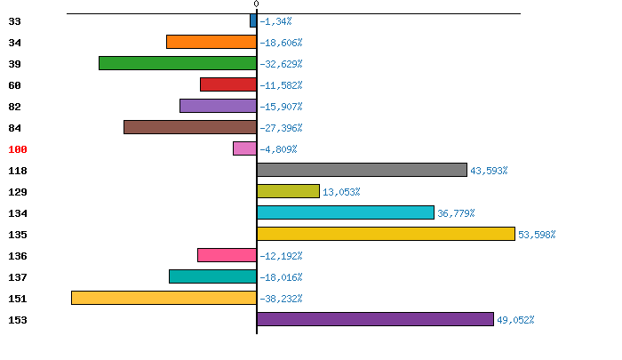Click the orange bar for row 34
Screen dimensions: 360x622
[x=211, y=42]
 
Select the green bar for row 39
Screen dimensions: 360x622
[x=178, y=63]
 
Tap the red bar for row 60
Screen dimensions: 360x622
[x=228, y=84]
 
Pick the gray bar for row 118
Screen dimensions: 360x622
[x=362, y=170]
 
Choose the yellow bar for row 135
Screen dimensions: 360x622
[x=386, y=234]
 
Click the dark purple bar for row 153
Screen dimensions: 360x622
[x=375, y=319]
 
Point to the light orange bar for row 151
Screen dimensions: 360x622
[x=163, y=298]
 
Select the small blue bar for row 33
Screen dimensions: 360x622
[x=253, y=20]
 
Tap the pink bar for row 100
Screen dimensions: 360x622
[x=244, y=148]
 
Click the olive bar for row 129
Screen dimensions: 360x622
[x=288, y=191]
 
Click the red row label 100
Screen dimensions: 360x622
[x=18, y=149]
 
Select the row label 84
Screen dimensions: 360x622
[x=14, y=128]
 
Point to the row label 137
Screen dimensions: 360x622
[x=18, y=277]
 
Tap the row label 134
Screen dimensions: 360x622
[x=18, y=213]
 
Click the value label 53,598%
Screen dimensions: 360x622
[x=537, y=235]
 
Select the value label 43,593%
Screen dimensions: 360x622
[x=489, y=171]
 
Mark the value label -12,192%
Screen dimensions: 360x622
[x=281, y=256]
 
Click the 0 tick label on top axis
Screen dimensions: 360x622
[x=257, y=5]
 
